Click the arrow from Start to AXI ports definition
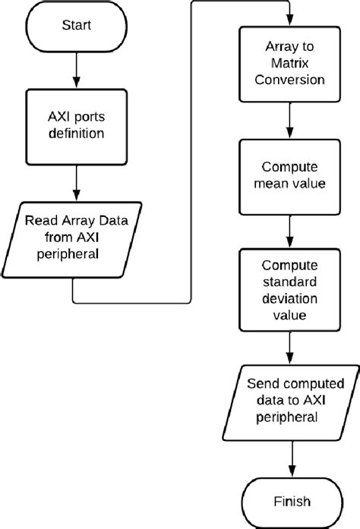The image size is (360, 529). [76, 68]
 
